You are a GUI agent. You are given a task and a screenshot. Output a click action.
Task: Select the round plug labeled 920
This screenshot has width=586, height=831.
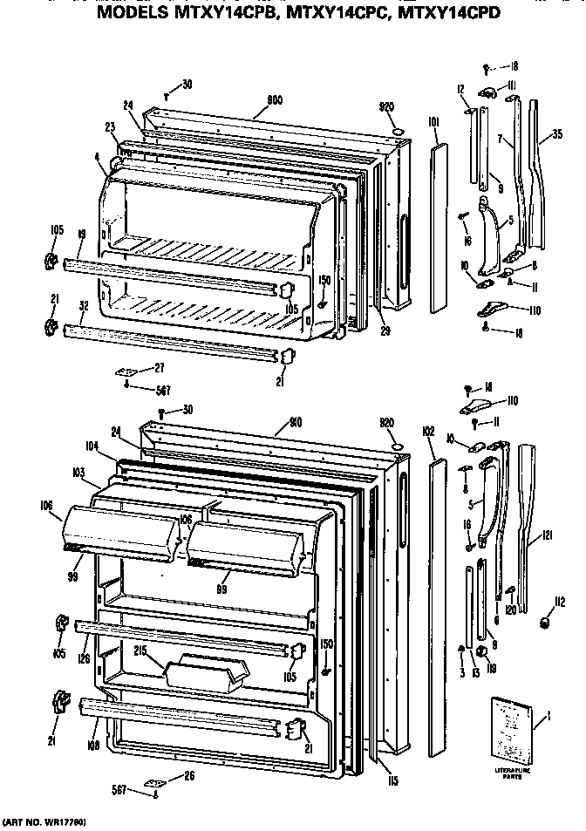click(398, 131)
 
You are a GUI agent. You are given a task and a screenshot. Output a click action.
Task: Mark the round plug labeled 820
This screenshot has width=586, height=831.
click(397, 446)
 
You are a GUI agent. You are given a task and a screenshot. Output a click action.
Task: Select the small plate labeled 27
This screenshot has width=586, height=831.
click(127, 371)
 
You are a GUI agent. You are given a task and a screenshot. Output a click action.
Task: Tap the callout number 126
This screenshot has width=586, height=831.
click(85, 660)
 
